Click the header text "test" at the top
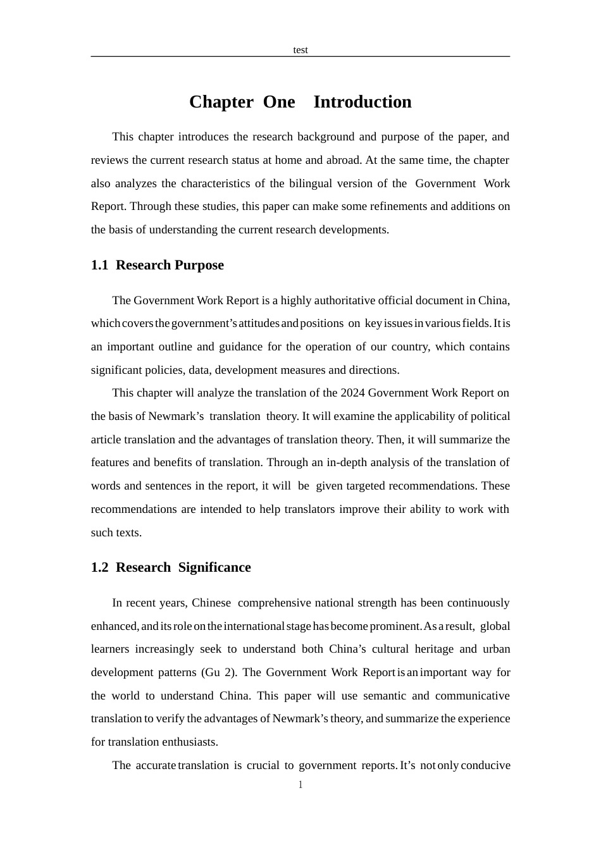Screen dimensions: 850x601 pos(300,50)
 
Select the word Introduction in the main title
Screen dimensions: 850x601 pos(362,102)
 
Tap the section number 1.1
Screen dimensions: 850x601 pos(99,265)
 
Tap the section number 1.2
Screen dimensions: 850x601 pos(99,567)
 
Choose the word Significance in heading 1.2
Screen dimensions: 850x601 pos(214,567)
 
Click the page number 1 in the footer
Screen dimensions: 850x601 pos(300,785)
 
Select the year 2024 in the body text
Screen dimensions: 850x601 pos(352,393)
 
